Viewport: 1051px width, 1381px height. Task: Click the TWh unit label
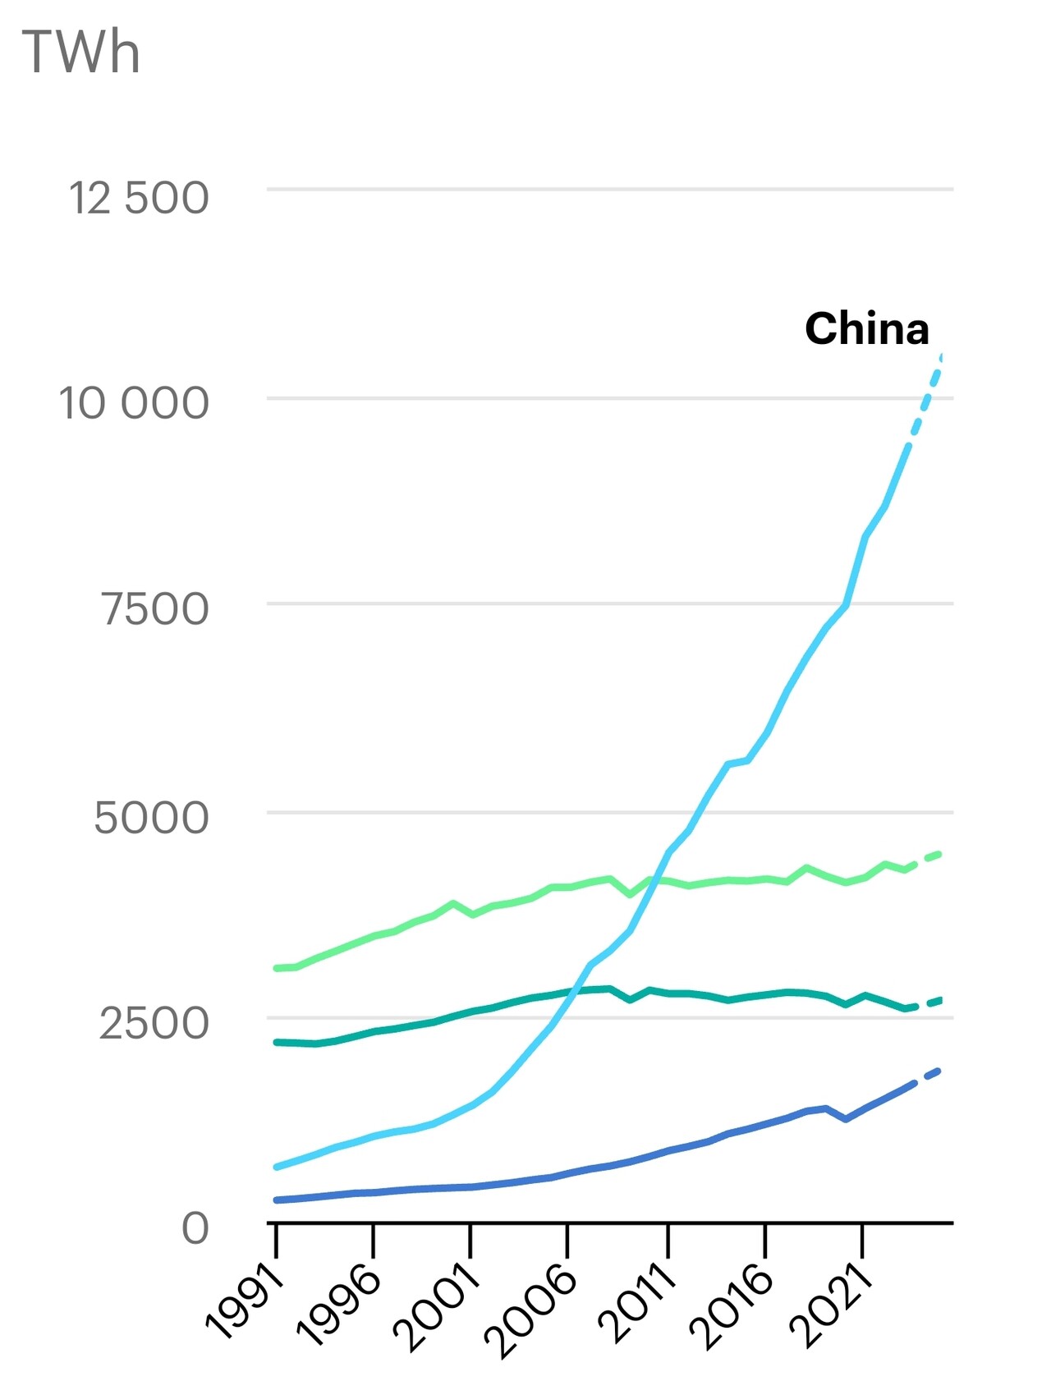pos(80,53)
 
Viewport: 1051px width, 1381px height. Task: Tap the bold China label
pos(867,329)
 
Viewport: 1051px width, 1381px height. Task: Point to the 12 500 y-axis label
pos(139,199)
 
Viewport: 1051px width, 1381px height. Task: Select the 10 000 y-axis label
pos(134,404)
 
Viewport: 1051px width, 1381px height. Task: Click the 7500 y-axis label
pos(155,609)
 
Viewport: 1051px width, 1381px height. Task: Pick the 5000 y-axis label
pos(151,818)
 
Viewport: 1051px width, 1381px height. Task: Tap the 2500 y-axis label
pos(154,1023)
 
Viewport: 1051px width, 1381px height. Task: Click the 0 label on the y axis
pos(195,1228)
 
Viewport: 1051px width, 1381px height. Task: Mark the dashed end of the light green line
pos(929,858)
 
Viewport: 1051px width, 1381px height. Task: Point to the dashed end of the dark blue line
pos(929,1074)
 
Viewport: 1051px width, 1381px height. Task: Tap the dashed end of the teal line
pos(931,1002)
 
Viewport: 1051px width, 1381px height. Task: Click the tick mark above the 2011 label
pos(668,1240)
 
